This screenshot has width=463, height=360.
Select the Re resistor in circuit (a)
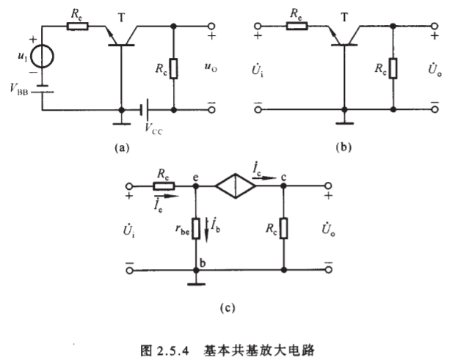76,27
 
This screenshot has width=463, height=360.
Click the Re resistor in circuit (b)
297,27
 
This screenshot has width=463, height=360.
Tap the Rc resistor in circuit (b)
394,68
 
